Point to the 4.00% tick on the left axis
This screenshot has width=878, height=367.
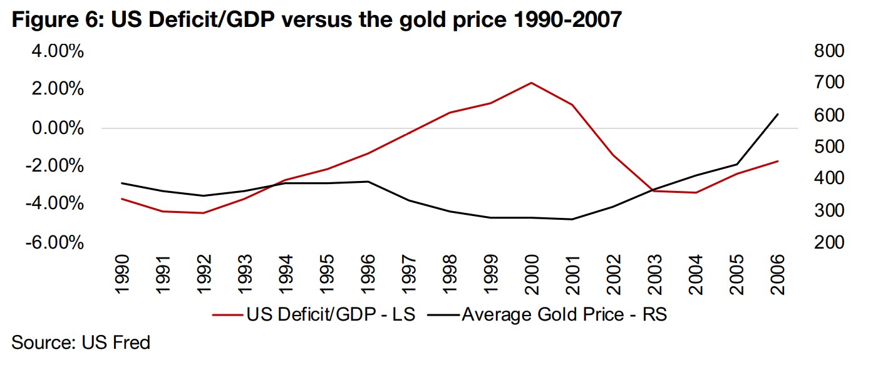(57, 51)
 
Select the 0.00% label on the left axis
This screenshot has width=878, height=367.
(57, 128)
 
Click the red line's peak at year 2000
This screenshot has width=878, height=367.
(532, 83)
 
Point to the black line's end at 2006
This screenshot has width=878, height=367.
(778, 114)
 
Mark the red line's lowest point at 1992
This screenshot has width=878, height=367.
(203, 213)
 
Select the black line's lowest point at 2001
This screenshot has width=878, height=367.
(572, 219)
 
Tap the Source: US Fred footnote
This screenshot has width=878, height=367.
(81, 343)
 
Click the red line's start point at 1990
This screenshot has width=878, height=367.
(121, 199)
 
